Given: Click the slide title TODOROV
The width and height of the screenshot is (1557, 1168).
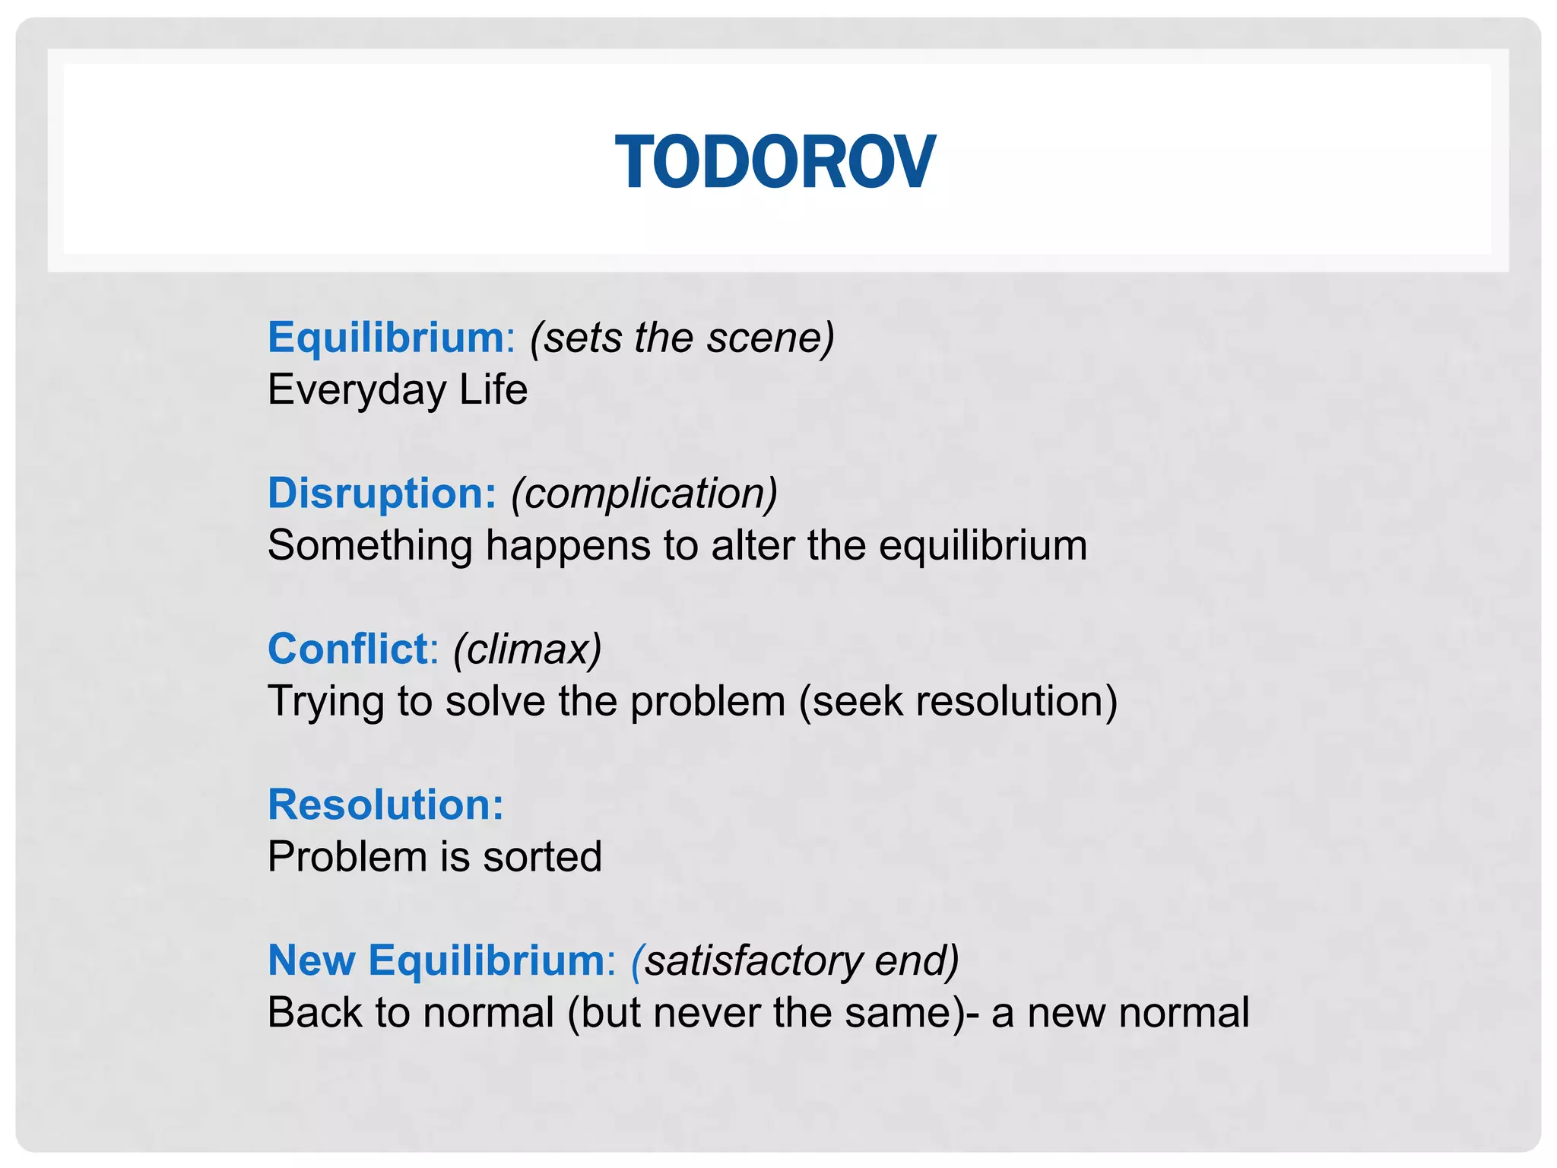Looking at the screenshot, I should coord(775,162).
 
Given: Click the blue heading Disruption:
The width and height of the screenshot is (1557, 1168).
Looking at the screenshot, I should coord(382,493).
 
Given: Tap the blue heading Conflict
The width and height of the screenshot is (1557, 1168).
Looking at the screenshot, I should coord(348,649).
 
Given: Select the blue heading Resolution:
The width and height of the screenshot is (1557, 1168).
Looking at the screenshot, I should coord(385,805).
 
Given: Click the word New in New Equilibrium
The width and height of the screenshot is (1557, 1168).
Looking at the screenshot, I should coord(312,960).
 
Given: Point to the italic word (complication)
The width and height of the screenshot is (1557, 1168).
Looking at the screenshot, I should coord(644,494).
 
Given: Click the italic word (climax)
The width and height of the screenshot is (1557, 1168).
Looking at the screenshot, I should coord(528,649).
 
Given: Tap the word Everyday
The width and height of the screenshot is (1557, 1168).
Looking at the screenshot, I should coord(357,391).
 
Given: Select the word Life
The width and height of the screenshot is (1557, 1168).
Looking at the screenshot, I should coord(493,389).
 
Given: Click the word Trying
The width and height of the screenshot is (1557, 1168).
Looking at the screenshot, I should coord(326,702).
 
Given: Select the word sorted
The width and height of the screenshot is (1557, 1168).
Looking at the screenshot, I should coord(542,857).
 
